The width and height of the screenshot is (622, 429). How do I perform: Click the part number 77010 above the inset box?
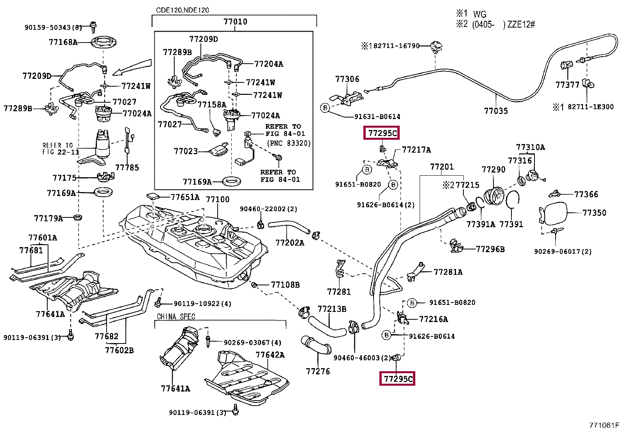point(235,22)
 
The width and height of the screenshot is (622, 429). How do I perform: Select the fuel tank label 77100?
point(218,199)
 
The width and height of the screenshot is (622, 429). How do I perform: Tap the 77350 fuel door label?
point(594,213)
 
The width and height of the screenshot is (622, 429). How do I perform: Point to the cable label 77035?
point(496,111)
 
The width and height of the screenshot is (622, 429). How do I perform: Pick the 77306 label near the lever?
point(347,79)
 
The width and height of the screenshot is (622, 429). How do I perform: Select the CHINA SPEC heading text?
point(176,317)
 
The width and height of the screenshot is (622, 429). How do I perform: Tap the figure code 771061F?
point(604,425)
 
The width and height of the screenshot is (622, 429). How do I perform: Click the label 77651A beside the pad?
point(185,198)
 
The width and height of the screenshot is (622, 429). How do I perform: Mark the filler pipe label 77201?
point(442,167)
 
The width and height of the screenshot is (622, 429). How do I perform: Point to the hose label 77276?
point(318,371)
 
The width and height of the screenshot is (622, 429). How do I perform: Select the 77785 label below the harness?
point(127,167)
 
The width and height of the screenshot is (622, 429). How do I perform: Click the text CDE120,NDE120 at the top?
point(182,10)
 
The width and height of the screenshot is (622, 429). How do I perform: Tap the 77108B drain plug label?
point(285,285)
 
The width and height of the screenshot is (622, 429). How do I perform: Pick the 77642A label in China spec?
point(270,355)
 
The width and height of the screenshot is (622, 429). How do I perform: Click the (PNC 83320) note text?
point(289,143)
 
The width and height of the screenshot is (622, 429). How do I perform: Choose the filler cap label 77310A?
point(530,147)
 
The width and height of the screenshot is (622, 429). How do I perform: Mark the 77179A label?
point(48,218)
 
